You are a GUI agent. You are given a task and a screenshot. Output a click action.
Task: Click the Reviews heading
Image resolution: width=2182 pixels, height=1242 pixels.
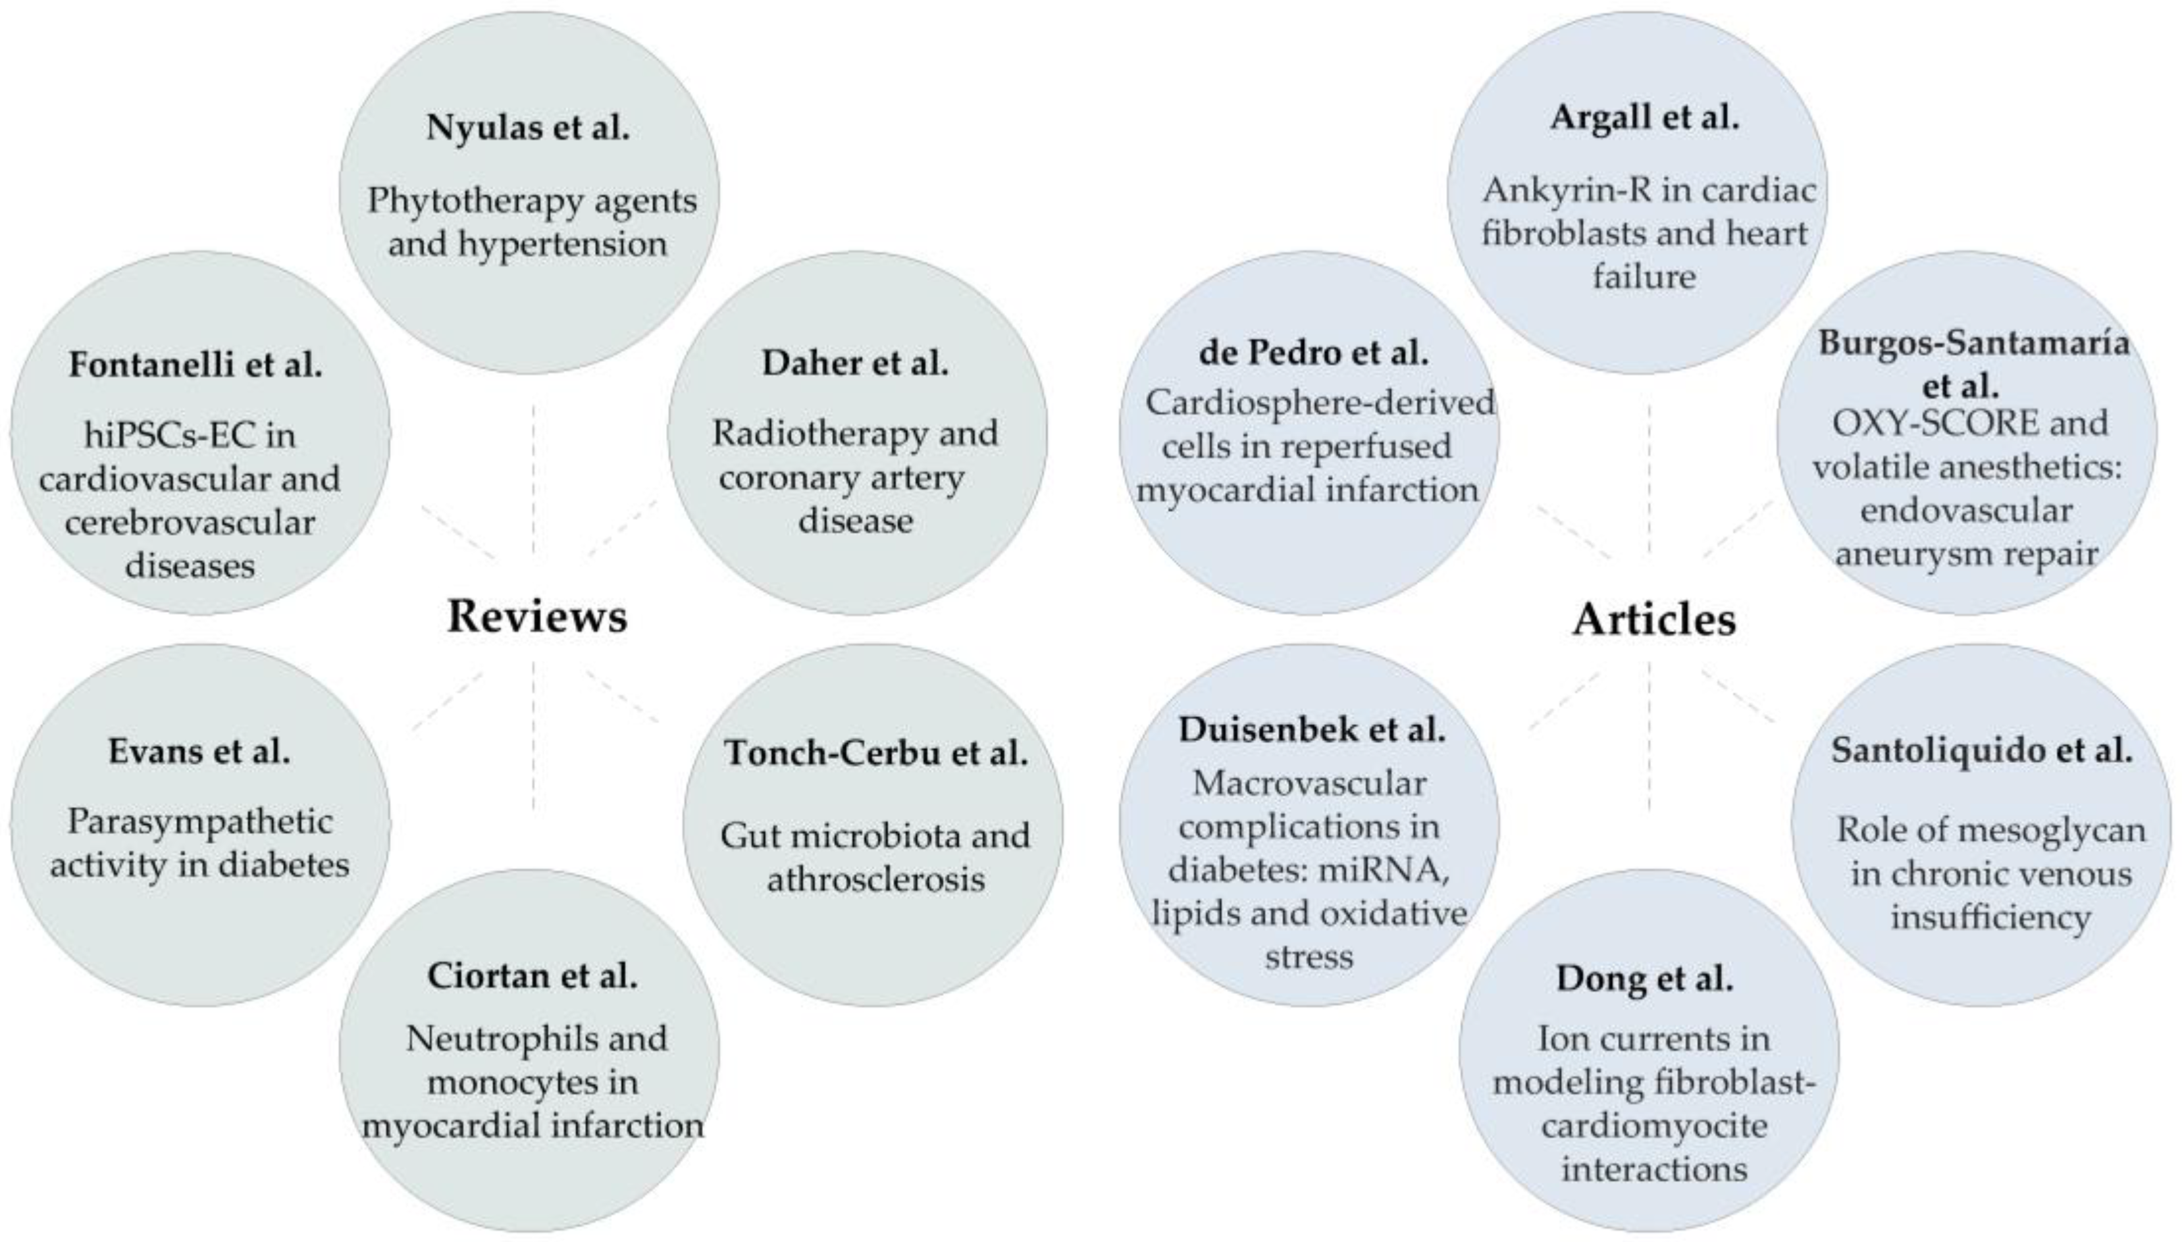pos(536,616)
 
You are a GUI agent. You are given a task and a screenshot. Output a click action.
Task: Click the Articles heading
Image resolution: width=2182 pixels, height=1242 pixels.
pos(1653,619)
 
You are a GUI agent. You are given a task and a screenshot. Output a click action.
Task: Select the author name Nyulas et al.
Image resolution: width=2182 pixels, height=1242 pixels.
pos(528,127)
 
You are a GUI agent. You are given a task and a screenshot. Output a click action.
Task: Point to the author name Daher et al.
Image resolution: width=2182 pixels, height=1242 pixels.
pos(855,363)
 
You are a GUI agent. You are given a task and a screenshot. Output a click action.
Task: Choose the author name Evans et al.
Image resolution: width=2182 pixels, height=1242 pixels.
pos(199,750)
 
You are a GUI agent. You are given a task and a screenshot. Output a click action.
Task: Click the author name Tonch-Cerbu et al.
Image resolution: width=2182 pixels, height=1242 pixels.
pos(876,752)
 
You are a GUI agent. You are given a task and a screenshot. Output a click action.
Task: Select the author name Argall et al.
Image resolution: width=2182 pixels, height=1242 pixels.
pos(1644,117)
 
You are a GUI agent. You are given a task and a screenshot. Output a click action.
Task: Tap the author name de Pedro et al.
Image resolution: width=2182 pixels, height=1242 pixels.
pos(1312,352)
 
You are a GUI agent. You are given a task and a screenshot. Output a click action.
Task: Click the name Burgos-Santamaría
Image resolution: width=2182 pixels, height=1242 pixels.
pos(1973,343)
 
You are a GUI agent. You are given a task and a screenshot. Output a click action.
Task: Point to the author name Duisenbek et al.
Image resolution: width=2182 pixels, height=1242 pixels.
pos(1311,729)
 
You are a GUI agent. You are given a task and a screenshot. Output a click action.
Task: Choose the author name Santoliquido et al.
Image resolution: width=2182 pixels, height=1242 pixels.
pos(1981,750)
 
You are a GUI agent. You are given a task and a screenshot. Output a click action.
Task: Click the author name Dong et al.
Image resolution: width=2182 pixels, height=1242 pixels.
pos(1644,977)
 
